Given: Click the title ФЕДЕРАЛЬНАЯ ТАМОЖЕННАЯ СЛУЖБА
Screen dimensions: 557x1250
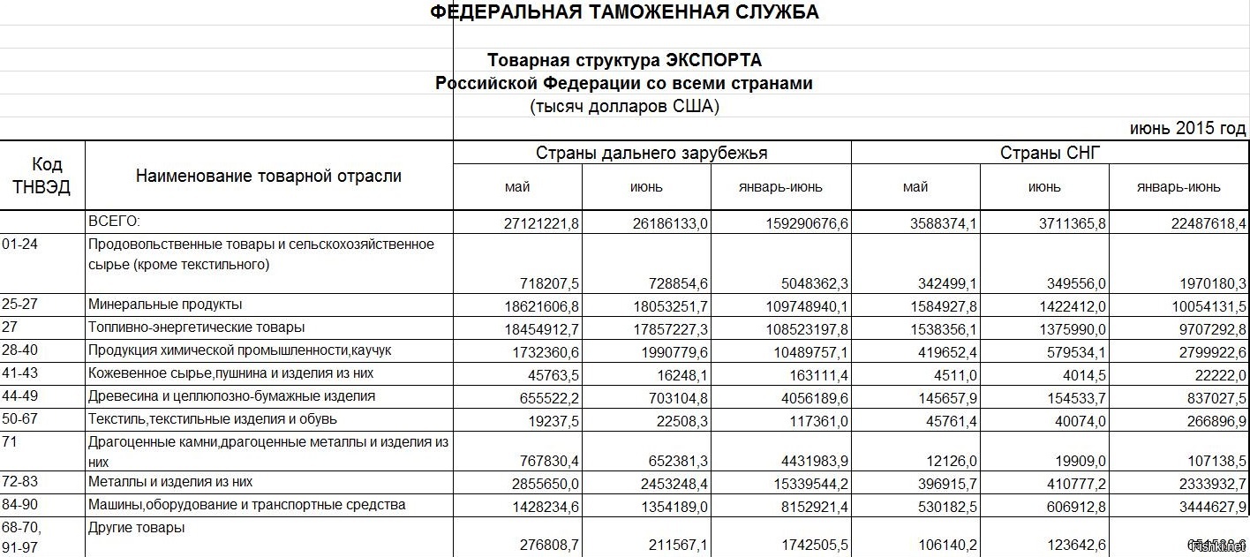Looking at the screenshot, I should coord(624,12).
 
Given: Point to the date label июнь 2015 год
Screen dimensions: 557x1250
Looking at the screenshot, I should coord(1187,129).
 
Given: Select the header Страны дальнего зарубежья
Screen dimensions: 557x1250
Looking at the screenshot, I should coord(651,153).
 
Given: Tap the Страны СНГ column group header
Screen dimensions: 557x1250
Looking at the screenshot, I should coord(1050,153).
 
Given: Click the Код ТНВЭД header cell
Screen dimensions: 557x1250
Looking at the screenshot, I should coord(42,176).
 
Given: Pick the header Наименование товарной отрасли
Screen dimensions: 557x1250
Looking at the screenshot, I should coord(268,176).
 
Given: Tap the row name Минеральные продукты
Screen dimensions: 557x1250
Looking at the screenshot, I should coord(165,305).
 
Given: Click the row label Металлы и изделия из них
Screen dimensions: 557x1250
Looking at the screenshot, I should coord(170,483).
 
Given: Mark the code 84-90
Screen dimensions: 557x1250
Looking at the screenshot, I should coord(19,505).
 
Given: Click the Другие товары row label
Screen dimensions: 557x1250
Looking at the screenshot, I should coord(137,528).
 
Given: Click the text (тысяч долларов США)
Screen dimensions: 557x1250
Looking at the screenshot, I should coord(624,107).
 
